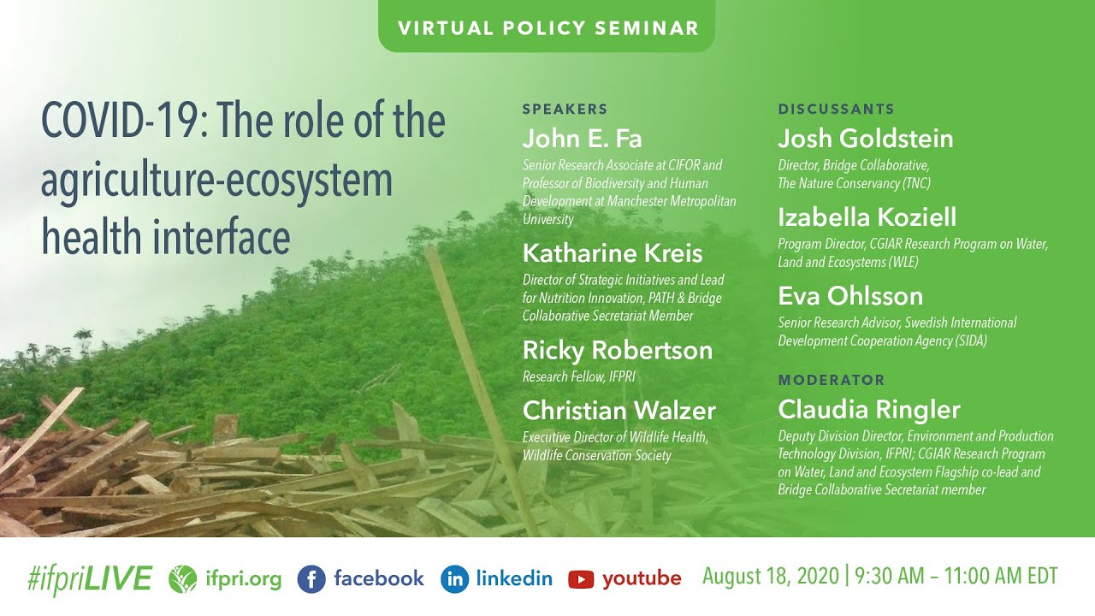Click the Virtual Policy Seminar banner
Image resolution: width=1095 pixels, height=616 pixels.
[547, 27]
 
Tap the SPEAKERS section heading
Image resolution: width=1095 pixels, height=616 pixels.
[565, 109]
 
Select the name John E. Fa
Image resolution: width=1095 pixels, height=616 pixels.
[582, 139]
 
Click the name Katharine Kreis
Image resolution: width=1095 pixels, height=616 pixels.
[613, 253]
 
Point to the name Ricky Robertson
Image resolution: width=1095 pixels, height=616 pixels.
[617, 351]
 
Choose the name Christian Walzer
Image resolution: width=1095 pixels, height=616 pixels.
[619, 411]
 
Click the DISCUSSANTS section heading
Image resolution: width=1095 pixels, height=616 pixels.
[836, 109]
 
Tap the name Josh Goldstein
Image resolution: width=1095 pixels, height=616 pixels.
[865, 139]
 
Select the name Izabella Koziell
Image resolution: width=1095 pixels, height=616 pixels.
[867, 217]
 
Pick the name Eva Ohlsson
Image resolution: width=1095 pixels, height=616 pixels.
[850, 296]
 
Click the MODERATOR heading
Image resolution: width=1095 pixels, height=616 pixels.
[831, 380]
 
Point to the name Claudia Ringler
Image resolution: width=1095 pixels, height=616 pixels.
[868, 409]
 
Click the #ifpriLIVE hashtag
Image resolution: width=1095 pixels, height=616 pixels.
[89, 579]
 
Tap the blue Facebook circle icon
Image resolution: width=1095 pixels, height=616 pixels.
[312, 579]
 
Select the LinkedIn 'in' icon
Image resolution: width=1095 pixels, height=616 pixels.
[454, 579]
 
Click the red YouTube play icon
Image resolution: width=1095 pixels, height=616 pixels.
[581, 579]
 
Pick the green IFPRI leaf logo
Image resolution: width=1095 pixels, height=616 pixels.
[182, 579]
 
